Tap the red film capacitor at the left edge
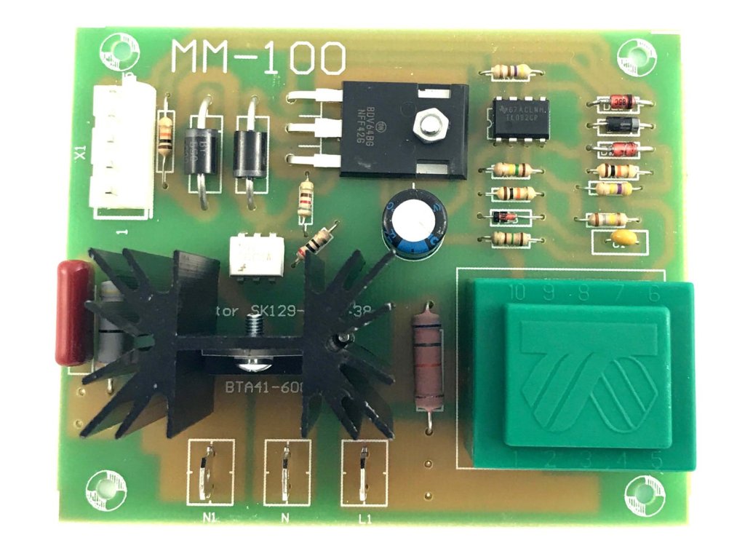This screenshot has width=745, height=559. [x=72, y=313]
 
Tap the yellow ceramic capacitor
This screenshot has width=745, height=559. [x=624, y=237]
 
